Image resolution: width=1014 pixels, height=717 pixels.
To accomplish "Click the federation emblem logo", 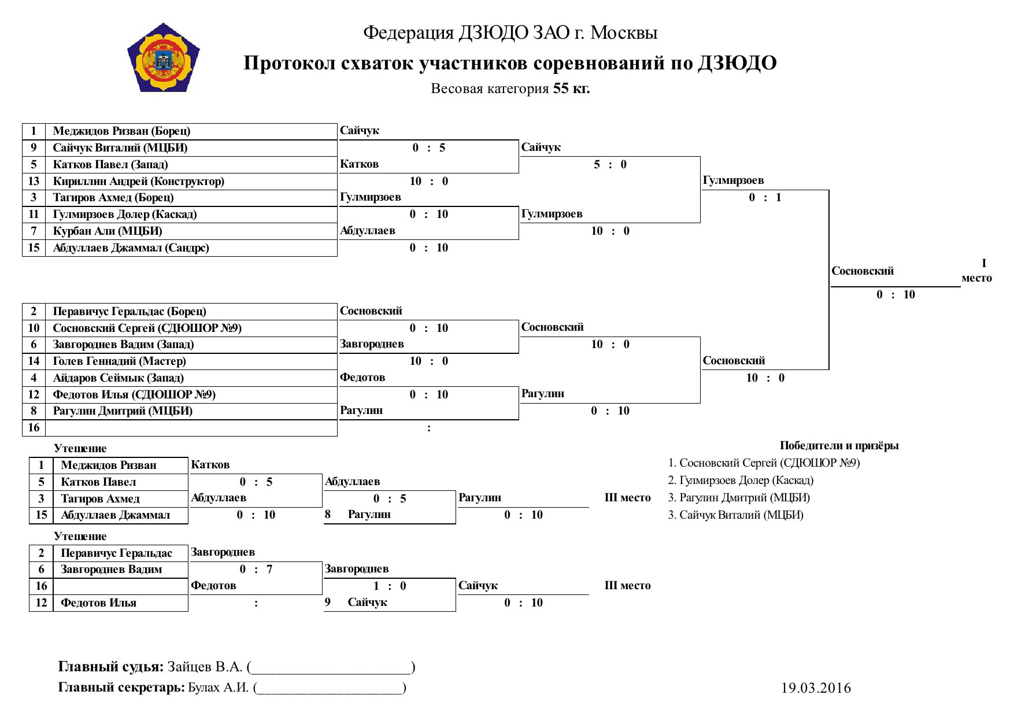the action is coord(163,58).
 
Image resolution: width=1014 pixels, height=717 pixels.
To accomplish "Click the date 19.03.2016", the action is coord(816,688).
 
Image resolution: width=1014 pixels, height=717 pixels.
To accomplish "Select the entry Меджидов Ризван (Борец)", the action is coord(121,131).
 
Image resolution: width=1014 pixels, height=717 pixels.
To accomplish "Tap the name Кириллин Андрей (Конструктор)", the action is coord(138,182).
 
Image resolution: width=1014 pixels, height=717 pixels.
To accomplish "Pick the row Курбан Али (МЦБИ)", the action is coord(107,231).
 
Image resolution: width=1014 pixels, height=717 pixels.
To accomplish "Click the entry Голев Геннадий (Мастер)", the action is coord(119,361).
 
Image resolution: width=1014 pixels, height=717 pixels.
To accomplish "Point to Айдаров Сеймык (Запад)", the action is coord(118,378).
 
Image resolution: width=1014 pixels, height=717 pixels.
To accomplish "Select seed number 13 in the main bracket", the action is coord(34,182).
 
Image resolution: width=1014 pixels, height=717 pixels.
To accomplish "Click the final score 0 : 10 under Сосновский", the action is coord(895,295).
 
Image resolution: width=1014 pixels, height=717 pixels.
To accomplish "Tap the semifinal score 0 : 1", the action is coord(765,198).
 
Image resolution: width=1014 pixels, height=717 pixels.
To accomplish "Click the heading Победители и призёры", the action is coord(839,446).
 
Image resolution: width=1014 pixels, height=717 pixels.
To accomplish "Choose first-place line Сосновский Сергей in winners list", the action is coord(764,463).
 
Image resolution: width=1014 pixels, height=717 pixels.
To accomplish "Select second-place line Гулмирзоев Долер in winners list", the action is coord(741,481).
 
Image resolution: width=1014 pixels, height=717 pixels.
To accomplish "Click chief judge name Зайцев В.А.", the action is coord(205,667).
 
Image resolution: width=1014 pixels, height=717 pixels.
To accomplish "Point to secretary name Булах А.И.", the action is coord(219,688).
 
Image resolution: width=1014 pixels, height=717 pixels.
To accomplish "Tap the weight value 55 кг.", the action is coord(571,88).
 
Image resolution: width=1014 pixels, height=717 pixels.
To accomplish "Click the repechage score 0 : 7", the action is coord(256,570).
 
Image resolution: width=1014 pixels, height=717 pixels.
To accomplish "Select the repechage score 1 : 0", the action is coord(390,586).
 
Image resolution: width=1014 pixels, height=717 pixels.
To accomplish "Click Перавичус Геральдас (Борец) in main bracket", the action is coord(129,312).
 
